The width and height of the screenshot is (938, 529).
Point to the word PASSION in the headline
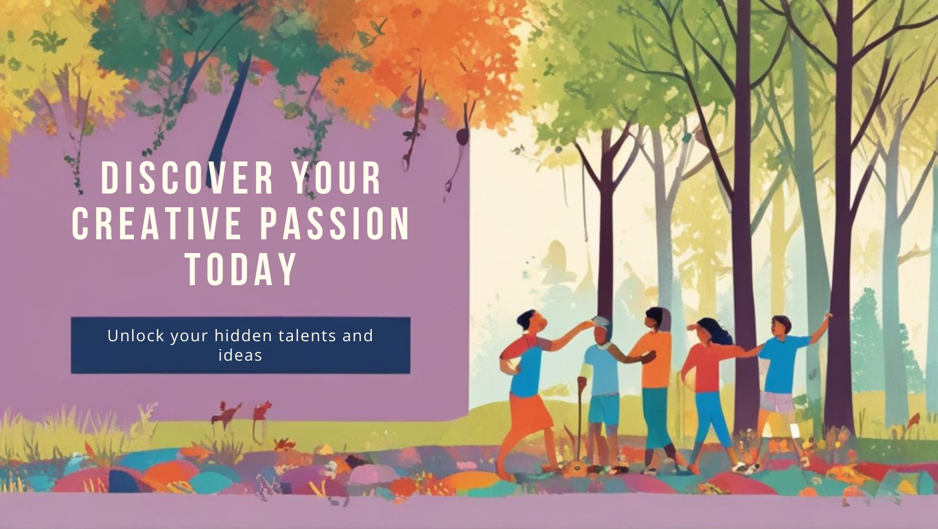335,224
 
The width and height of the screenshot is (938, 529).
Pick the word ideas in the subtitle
240,356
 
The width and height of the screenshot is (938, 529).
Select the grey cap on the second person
601,322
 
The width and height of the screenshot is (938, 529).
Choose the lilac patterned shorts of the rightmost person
777,402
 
